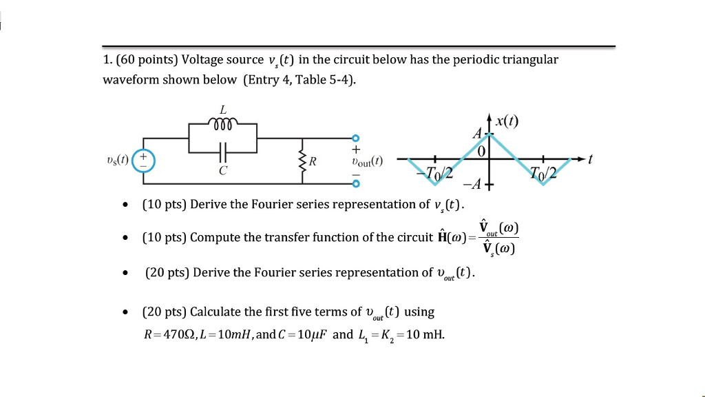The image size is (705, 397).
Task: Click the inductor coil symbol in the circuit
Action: [x=223, y=124]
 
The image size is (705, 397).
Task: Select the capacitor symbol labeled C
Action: [x=222, y=150]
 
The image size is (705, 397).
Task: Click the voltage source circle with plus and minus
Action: [x=144, y=161]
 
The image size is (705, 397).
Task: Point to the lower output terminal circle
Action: [x=356, y=183]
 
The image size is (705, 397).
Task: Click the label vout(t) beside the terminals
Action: [x=366, y=162]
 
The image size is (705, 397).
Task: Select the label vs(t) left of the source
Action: [x=117, y=161]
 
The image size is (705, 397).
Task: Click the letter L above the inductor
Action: [x=222, y=109]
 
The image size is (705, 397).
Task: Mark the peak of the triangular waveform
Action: [x=490, y=133]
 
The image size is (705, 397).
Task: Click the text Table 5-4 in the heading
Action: [x=326, y=79]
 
